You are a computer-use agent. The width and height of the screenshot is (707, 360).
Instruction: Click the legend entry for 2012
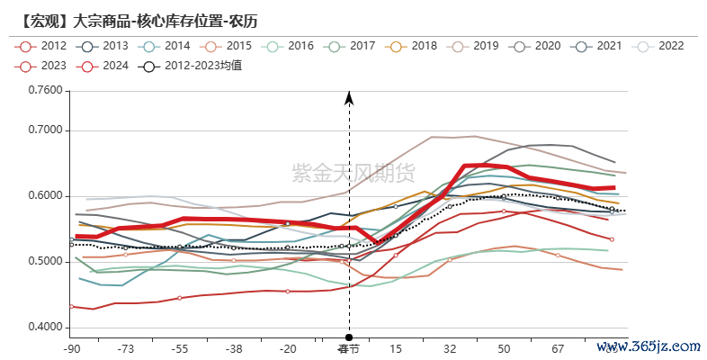click(x=41, y=46)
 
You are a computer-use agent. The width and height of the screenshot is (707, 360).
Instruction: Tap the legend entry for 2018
click(x=411, y=46)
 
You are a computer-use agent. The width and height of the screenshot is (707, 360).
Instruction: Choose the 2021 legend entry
click(x=595, y=46)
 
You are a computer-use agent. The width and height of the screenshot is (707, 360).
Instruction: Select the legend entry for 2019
click(x=472, y=46)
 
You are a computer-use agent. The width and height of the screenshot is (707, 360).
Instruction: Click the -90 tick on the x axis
click(x=72, y=348)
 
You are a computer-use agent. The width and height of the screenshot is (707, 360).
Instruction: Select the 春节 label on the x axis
click(x=348, y=348)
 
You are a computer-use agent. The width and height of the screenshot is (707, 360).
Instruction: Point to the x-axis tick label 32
click(x=450, y=348)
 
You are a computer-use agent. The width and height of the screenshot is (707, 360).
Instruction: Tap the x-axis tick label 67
click(x=558, y=348)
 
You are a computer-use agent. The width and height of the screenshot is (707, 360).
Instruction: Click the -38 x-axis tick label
click(x=234, y=348)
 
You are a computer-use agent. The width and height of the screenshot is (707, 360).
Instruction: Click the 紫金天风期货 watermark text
click(x=353, y=172)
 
